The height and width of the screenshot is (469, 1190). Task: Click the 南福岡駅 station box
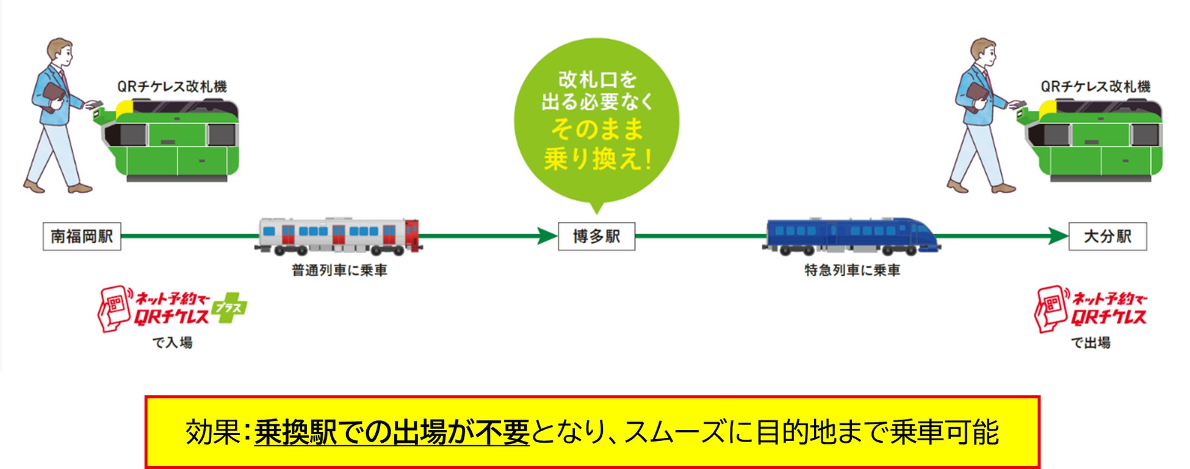82,237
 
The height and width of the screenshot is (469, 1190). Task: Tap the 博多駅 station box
596,237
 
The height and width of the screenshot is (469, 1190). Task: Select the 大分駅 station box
1107,237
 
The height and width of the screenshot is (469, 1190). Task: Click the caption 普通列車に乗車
339,270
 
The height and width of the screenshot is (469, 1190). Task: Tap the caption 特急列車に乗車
852,270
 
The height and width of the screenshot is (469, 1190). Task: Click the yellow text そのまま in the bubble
597,129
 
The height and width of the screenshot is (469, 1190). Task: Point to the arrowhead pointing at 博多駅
547,236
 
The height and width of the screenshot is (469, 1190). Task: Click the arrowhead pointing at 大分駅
1058,236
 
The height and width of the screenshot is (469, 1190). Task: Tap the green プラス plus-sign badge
229,308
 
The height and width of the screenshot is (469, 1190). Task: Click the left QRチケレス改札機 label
172,87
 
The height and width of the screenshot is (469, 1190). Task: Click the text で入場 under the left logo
172,343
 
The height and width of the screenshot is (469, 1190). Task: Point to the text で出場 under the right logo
1091,343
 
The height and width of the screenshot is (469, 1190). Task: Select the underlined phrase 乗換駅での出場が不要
392,432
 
